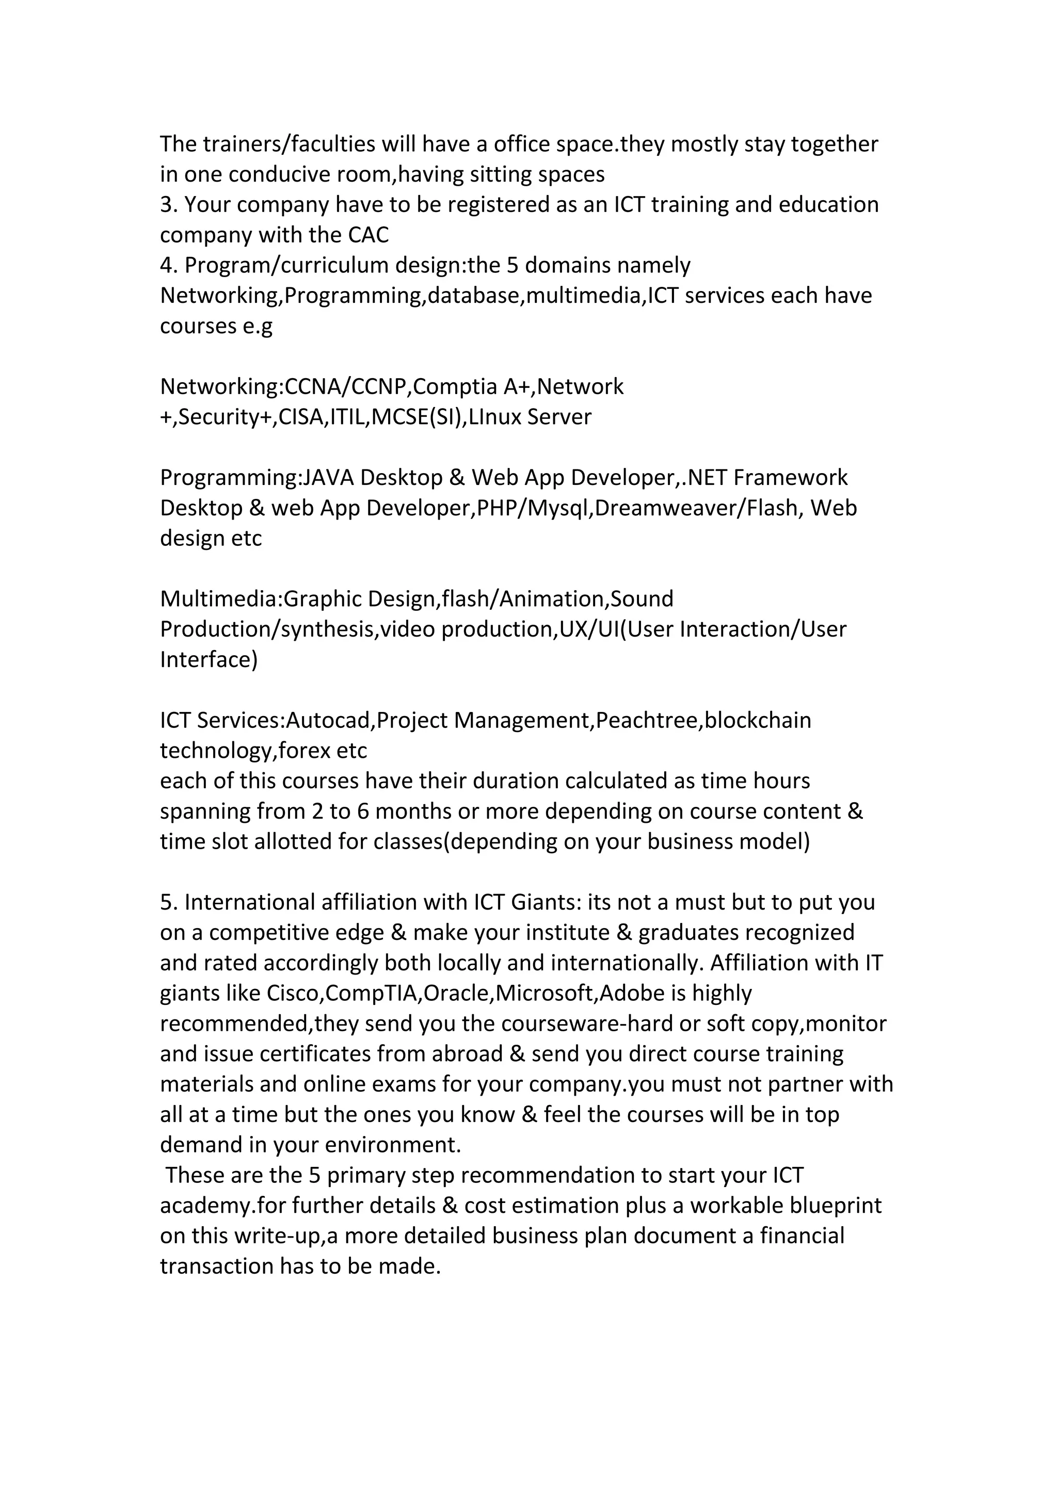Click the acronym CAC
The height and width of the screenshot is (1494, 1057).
[x=369, y=235]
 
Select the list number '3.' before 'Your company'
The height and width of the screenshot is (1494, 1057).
[x=169, y=205]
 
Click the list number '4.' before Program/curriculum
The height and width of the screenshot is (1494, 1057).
[x=169, y=266]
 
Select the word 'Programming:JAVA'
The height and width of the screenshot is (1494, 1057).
[x=257, y=478]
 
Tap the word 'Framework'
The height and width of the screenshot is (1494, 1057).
[x=790, y=478]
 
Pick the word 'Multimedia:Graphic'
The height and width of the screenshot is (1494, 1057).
[x=260, y=598]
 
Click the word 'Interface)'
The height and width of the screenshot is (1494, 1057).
[x=209, y=660]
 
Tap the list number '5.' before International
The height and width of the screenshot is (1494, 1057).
[x=169, y=902]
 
